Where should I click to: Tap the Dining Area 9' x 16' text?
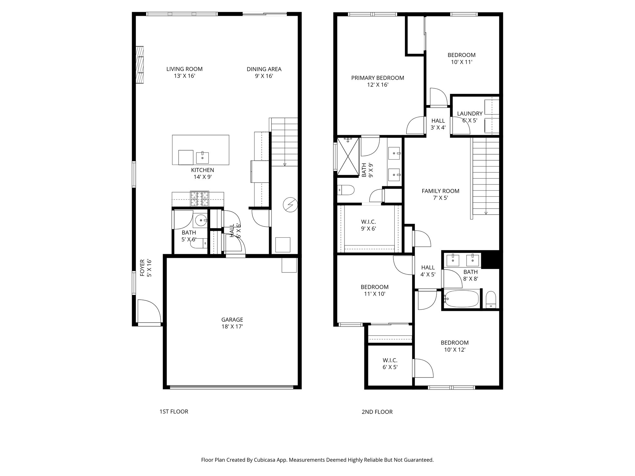pos(264,73)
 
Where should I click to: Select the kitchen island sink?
pos(202,157)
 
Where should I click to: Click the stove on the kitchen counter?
pos(199,199)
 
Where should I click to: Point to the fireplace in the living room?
pos(140,64)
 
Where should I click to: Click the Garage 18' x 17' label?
pos(232,323)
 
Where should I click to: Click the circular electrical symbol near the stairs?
pos(290,205)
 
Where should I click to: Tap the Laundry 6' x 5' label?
pos(469,117)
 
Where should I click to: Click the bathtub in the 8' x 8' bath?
pos(461,299)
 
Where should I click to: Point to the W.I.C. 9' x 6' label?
pos(368,225)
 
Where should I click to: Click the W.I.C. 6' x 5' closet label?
pos(390,364)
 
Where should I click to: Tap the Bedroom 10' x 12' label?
pos(455,346)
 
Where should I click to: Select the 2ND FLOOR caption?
pos(377,412)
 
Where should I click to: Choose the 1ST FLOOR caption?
pos(174,412)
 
